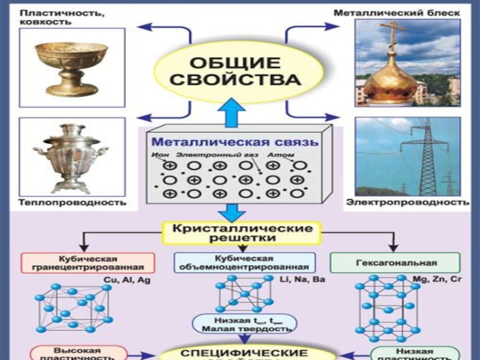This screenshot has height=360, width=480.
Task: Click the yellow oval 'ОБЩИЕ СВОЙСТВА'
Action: tap(236, 71)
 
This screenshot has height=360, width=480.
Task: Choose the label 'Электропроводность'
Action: tap(408, 202)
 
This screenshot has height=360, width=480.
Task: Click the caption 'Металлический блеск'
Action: tap(397, 12)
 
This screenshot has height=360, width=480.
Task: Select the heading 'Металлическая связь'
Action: tap(235, 143)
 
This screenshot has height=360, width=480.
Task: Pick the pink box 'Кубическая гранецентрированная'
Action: tap(88, 263)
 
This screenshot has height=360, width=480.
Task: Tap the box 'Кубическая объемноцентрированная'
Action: tap(245, 263)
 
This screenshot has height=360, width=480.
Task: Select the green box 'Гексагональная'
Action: tap(396, 263)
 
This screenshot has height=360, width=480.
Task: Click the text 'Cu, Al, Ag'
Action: tap(128, 280)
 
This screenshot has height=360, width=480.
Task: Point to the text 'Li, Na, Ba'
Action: tap(302, 280)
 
